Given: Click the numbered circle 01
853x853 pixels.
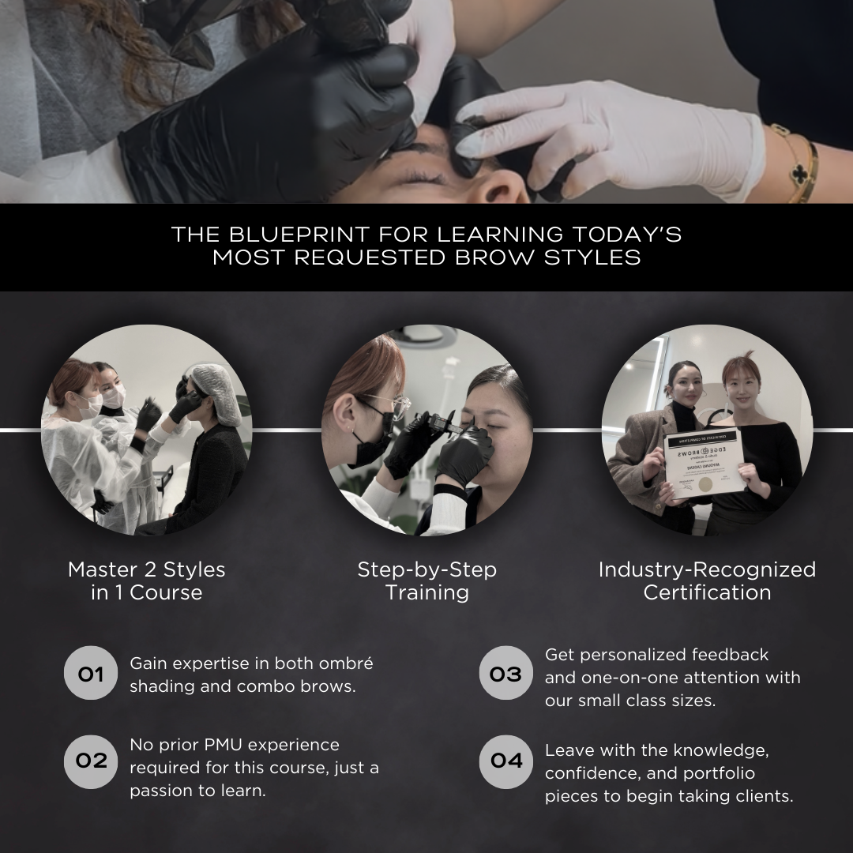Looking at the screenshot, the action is click(x=91, y=673).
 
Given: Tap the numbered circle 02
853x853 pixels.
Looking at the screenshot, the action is click(x=91, y=761).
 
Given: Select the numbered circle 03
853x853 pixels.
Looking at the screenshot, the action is click(x=506, y=673).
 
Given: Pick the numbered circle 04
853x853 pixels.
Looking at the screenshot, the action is click(x=506, y=761).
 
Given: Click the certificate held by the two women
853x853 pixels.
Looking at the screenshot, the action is click(x=703, y=463).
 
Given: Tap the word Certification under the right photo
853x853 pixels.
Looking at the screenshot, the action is click(x=707, y=592).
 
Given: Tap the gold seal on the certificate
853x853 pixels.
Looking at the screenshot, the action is click(x=705, y=484).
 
